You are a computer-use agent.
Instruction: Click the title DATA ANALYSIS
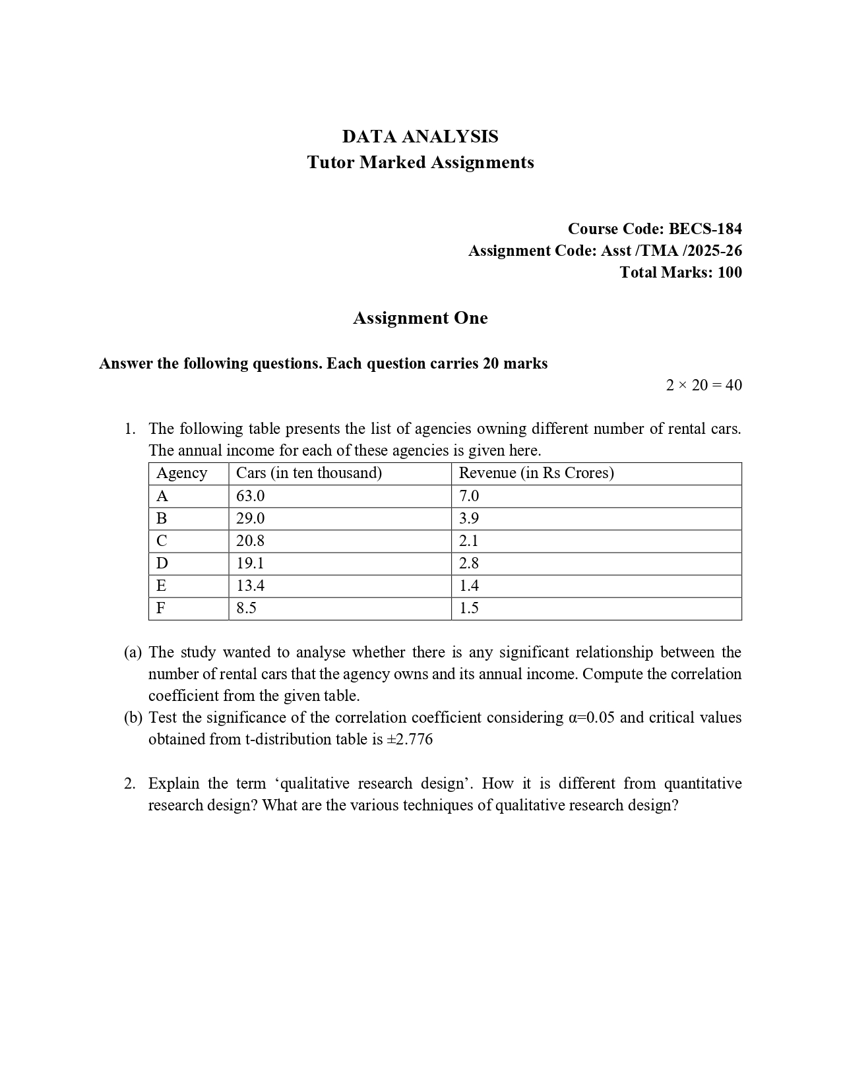(x=420, y=136)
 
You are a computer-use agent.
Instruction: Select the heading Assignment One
(x=420, y=318)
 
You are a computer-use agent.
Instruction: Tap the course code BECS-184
(x=705, y=229)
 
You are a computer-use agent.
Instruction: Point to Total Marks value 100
(x=729, y=272)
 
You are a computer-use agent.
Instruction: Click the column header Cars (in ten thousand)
(x=309, y=473)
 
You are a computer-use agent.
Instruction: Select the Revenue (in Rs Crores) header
(x=536, y=473)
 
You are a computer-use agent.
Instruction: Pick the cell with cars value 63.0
(x=251, y=496)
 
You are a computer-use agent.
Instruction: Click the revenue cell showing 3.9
(x=469, y=518)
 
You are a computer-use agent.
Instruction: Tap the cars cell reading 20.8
(x=251, y=541)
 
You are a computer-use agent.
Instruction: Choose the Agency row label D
(x=162, y=563)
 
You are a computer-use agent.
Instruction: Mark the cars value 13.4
(x=251, y=586)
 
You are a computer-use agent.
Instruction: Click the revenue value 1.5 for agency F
(x=469, y=608)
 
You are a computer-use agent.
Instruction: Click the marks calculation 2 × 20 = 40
(x=704, y=385)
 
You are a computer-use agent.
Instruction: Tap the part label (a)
(x=133, y=652)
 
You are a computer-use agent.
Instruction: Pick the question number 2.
(x=129, y=783)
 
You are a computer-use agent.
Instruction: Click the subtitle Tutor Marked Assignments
(x=420, y=162)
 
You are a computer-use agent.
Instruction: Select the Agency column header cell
(x=181, y=473)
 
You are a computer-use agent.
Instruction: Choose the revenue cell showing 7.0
(x=469, y=496)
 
